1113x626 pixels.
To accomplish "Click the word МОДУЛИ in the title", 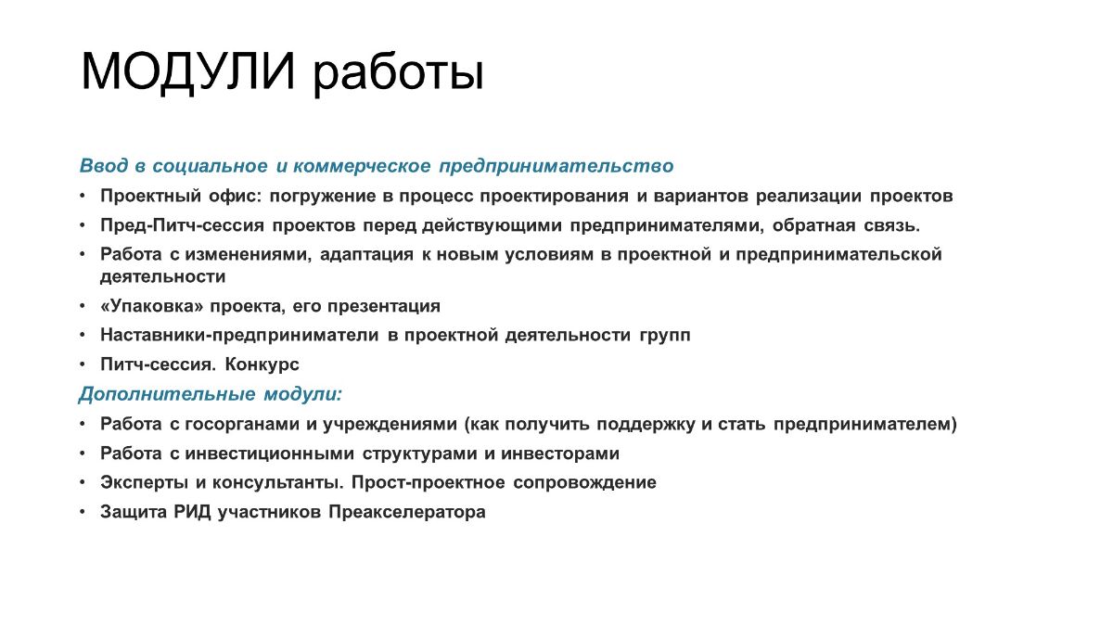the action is pyautogui.click(x=188, y=72).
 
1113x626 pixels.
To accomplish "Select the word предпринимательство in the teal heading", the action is pyautogui.click(x=556, y=166).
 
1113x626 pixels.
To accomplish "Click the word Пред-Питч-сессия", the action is pyautogui.click(x=182, y=225).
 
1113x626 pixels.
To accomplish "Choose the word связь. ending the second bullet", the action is pyautogui.click(x=892, y=225).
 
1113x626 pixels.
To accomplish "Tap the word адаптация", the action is pyautogui.click(x=366, y=255).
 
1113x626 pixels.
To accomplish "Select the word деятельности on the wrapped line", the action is pyautogui.click(x=163, y=276).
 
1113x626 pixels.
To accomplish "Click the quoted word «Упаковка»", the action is pyautogui.click(x=152, y=306).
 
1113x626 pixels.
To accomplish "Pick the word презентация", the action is pyautogui.click(x=384, y=307).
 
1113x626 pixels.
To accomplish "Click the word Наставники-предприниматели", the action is pyautogui.click(x=239, y=336).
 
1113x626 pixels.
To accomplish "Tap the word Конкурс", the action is pyautogui.click(x=262, y=364).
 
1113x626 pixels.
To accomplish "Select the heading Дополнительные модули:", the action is pyautogui.click(x=211, y=394).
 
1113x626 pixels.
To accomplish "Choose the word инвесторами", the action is pyautogui.click(x=560, y=454).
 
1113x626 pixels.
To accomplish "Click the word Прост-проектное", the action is pyautogui.click(x=428, y=483).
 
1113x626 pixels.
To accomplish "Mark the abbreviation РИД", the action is pyautogui.click(x=192, y=512).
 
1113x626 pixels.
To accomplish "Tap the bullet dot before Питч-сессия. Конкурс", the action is pyautogui.click(x=83, y=365).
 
